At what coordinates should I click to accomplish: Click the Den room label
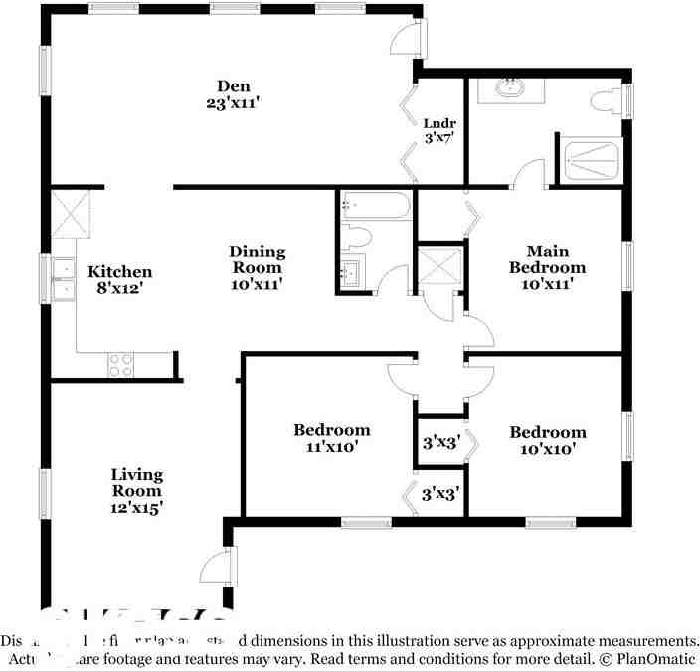point(234,84)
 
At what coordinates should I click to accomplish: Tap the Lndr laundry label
point(438,124)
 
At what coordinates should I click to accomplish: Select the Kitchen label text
point(120,272)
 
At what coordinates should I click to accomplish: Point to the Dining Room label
point(258,260)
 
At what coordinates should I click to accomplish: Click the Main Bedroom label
point(547,259)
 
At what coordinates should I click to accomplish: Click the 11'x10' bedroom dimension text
point(332,447)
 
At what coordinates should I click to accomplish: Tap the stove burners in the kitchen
point(120,365)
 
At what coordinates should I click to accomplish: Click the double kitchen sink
point(63,278)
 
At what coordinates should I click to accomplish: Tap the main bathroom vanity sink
point(512,88)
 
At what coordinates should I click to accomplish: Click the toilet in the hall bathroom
point(357,237)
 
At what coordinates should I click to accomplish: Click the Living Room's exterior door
point(217,568)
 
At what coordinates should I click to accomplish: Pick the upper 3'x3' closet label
point(439,442)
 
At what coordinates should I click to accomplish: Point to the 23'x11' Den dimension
point(234,101)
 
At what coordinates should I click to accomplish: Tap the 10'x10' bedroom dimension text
point(547,449)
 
